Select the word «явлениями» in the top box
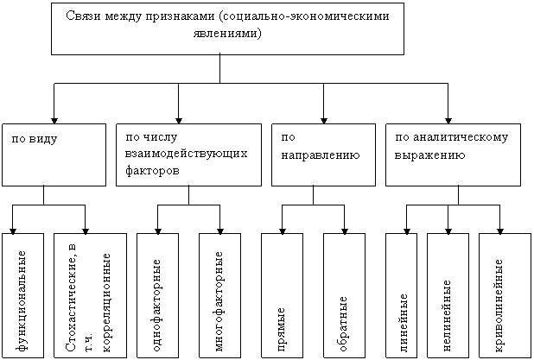(x=227, y=34)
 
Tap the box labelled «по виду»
(x=54, y=155)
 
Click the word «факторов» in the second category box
(x=152, y=170)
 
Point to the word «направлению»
(x=321, y=155)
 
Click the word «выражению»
(x=429, y=155)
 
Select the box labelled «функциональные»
(x=22, y=295)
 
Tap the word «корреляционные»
(x=106, y=302)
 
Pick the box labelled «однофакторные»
(x=157, y=295)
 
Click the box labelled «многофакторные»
(x=220, y=295)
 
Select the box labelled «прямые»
(x=282, y=295)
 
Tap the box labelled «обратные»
(x=344, y=295)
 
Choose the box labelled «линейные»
(x=402, y=295)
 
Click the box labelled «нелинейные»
(x=448, y=295)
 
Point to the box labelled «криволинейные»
(x=505, y=295)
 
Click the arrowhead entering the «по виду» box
(x=54, y=121)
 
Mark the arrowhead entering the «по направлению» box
(x=324, y=121)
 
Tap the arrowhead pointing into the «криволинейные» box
(x=500, y=231)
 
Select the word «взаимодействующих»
(x=186, y=154)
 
